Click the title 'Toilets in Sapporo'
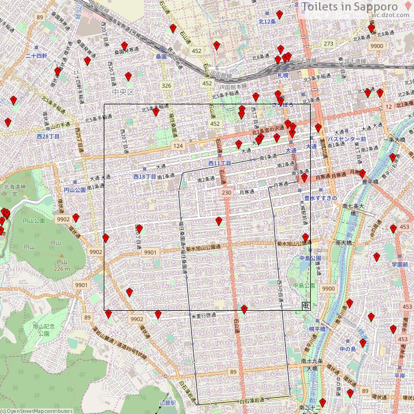pos(357,7)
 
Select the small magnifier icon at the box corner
pos(305,305)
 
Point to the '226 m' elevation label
pos(62,269)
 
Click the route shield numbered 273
pos(329,44)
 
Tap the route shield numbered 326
pos(166,86)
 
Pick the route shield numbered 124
pos(178,146)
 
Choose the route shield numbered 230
pos(226,192)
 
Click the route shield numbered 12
pos(389,106)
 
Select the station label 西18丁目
pos(145,176)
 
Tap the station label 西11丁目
pos(219,164)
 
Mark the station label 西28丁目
pos(47,136)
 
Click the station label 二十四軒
pos(36,56)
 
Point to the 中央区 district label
pos(123,92)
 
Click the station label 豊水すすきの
pos(320,198)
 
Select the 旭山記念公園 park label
pos(44,330)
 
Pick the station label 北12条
pos(267,21)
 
